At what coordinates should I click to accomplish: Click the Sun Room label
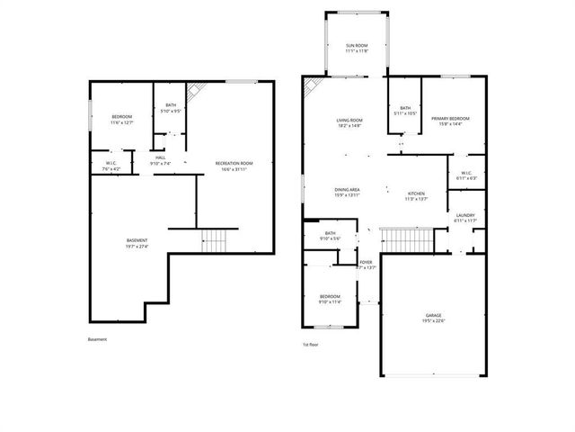(356, 49)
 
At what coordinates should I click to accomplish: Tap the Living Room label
(349, 122)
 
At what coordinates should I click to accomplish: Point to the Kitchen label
(417, 196)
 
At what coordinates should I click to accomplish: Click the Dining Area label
(348, 193)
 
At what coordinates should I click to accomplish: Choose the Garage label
(433, 318)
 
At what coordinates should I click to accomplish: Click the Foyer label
(367, 265)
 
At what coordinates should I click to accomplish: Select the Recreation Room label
(234, 166)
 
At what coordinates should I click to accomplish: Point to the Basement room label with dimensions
(137, 243)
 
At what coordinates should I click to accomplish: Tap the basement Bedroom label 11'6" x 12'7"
(121, 120)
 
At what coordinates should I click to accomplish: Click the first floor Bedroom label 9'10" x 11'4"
(330, 299)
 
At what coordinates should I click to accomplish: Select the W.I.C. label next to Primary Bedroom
(466, 175)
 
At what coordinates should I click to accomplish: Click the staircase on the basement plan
(215, 240)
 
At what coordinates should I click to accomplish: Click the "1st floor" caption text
(312, 345)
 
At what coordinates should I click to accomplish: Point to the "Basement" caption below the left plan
(97, 339)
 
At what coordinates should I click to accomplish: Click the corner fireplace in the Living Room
(312, 87)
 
